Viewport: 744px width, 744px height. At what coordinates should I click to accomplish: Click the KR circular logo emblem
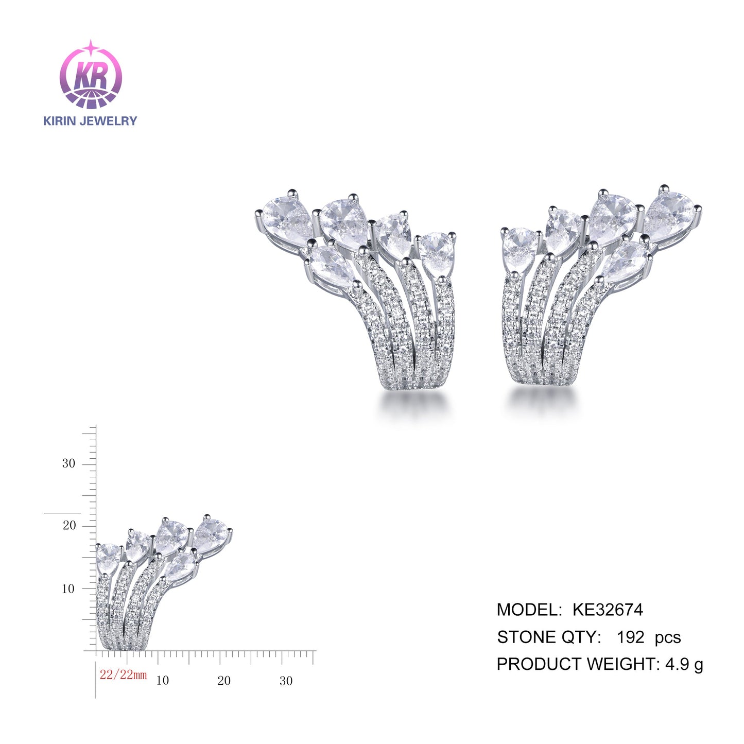(91, 75)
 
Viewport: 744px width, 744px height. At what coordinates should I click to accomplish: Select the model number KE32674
(608, 610)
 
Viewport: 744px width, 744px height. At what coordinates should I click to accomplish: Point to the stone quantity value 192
(631, 637)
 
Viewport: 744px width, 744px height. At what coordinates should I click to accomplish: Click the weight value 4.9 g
(684, 665)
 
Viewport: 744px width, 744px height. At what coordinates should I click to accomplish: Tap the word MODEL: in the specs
(529, 610)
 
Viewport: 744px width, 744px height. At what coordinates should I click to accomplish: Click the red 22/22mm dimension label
(123, 674)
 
